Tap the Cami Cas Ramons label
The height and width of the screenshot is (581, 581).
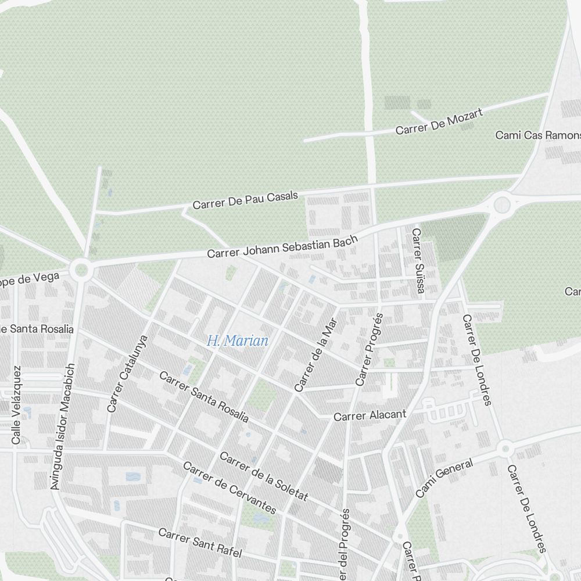(x=537, y=135)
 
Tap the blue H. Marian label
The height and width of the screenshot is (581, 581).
(x=238, y=341)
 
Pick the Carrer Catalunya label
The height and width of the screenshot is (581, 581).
(x=128, y=373)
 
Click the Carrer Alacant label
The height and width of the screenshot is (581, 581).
(x=370, y=416)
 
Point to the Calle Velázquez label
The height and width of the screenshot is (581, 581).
(x=16, y=405)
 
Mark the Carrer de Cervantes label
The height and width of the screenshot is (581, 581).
(x=229, y=488)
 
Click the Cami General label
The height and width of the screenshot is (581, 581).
(x=444, y=477)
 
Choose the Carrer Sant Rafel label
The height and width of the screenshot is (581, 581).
(x=199, y=543)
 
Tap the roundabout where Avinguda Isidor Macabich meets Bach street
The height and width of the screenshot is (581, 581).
(x=81, y=269)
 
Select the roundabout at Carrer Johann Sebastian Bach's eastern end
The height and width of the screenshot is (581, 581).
(x=501, y=204)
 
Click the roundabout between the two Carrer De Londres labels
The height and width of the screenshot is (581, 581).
(x=505, y=448)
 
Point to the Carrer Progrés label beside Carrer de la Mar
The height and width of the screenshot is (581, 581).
(x=370, y=350)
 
